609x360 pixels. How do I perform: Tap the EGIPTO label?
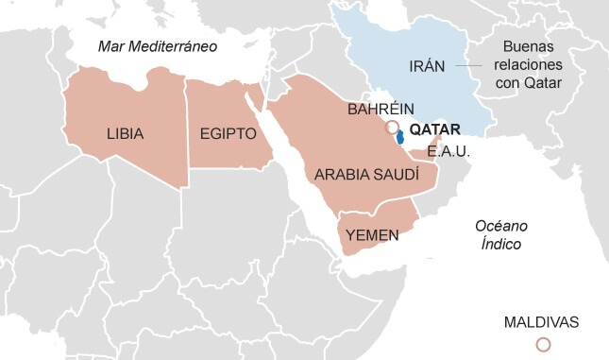click(228, 134)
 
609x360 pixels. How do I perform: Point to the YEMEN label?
click(373, 235)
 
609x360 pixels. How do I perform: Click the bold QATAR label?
click(435, 129)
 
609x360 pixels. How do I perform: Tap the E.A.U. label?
click(448, 151)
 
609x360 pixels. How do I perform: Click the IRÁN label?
click(427, 66)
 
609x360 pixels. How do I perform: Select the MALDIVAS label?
click(541, 321)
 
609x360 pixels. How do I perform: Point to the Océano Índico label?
click(500, 234)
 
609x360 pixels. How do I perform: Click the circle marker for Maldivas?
click(543, 345)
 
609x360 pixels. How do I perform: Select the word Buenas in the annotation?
click(528, 46)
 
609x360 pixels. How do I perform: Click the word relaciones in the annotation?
click(528, 65)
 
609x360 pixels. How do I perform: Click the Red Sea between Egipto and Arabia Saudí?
click(283, 161)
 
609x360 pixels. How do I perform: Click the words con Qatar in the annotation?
click(528, 84)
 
